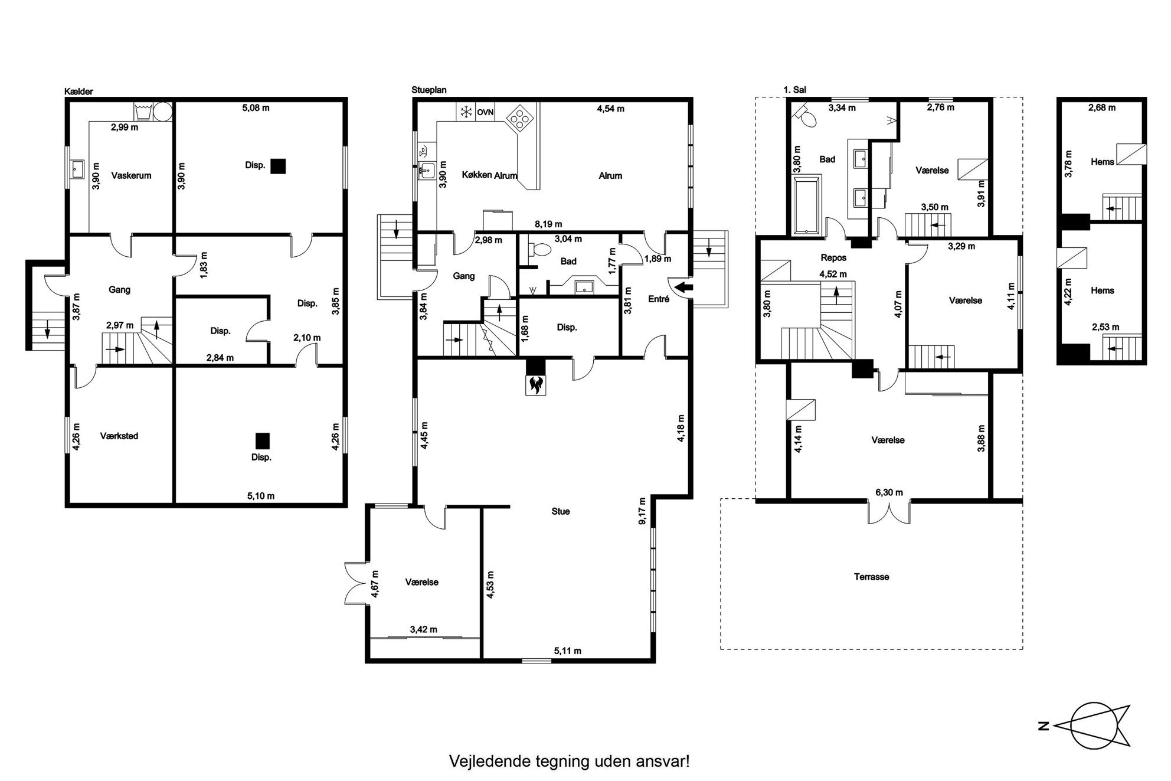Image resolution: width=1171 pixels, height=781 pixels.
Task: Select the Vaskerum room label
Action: pos(131,175)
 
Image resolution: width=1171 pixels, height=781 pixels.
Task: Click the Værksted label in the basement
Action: pos(119,436)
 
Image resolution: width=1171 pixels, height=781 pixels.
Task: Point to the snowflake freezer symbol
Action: pos(466,112)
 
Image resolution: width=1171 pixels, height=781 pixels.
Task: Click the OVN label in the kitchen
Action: pos(485,112)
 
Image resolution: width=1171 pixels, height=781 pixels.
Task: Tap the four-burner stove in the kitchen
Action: pos(521,117)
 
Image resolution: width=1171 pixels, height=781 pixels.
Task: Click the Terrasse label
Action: pos(871,577)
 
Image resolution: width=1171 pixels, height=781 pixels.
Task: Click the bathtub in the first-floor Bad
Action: pos(807,204)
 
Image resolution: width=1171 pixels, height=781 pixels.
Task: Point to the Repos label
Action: pos(833,257)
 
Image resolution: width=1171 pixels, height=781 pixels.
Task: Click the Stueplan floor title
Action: pos(429,90)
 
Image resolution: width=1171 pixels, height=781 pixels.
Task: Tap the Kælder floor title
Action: pos(78,92)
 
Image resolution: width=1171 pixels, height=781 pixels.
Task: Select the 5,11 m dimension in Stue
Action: pos(567,651)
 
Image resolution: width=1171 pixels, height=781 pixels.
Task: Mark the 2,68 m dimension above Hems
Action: pos(1101,107)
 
